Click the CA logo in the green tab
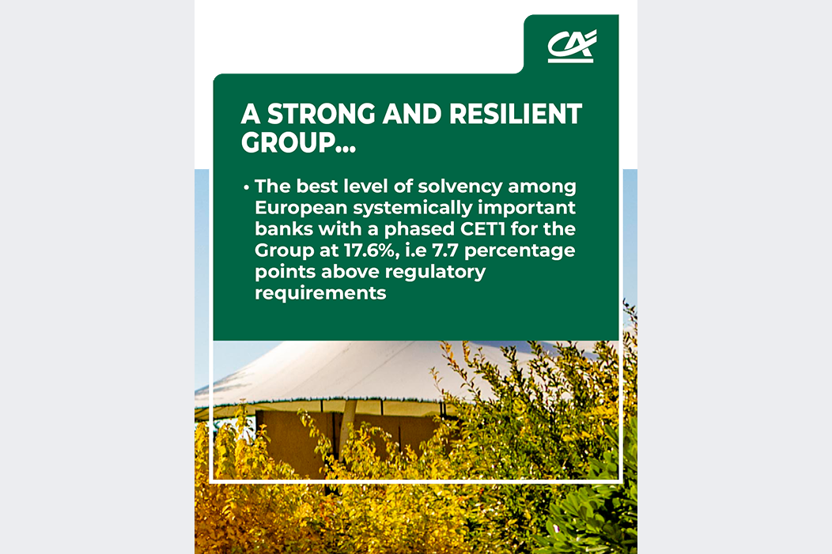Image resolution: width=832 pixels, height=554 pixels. pos(572,46)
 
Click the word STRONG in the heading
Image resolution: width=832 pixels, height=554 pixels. pos(320,114)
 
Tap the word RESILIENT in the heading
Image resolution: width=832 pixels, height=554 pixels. pos(516,114)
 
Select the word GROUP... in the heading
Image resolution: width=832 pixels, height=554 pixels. pos(298,142)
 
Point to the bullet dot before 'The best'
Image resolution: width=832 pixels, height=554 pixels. pos(246,187)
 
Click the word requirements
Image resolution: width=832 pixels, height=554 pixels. pos(320,293)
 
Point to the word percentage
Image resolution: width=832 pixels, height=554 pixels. pos(520,251)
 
